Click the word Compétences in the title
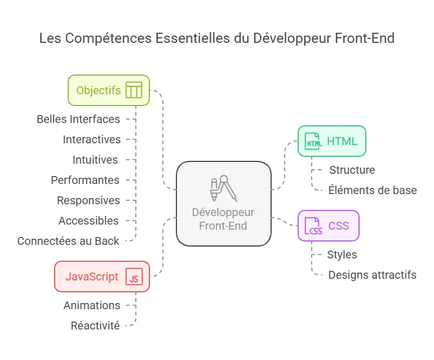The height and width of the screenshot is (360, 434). (x=108, y=38)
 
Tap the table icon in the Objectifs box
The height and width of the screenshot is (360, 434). (x=134, y=90)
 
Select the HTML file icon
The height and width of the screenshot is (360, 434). (x=313, y=141)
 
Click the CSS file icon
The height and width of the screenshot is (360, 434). (x=313, y=226)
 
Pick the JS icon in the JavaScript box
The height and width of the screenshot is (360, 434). (x=134, y=276)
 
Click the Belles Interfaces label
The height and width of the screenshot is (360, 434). (x=78, y=119)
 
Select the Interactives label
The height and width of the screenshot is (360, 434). (x=92, y=139)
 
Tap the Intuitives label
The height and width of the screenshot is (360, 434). (x=95, y=160)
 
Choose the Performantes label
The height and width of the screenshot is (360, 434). (x=85, y=180)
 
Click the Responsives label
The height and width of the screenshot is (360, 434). (x=88, y=200)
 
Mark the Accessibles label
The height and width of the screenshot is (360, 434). (x=88, y=221)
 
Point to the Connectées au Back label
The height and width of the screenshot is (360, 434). (x=68, y=241)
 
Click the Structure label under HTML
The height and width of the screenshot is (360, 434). (x=352, y=170)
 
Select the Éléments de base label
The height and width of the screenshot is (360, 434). (x=373, y=190)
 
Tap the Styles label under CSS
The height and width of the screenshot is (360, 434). (x=342, y=254)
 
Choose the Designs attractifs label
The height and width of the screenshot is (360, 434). (x=372, y=275)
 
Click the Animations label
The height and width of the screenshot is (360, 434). (x=92, y=305)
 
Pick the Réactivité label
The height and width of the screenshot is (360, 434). (x=95, y=326)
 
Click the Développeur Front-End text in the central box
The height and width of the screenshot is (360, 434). (x=223, y=219)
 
